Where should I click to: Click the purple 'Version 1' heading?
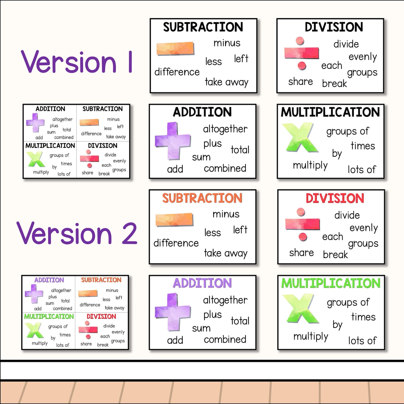click(x=76, y=62)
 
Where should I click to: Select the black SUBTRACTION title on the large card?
click(x=203, y=27)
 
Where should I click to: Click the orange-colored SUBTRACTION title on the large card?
click(x=202, y=198)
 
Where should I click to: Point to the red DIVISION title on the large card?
click(x=335, y=198)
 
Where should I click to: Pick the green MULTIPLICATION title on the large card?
click(x=331, y=283)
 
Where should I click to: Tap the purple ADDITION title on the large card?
click(x=202, y=283)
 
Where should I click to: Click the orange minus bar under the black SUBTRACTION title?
click(x=175, y=49)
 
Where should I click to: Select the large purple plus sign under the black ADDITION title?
click(x=173, y=141)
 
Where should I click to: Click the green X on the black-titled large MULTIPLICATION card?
click(x=300, y=138)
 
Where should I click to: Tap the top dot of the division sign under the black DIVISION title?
click(x=300, y=40)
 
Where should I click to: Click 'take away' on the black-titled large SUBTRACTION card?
click(x=226, y=82)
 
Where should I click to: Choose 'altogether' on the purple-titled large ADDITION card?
click(x=225, y=300)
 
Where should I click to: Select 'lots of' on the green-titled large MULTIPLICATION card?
click(x=362, y=341)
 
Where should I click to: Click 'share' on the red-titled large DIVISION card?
click(x=301, y=253)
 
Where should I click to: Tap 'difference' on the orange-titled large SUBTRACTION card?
click(x=176, y=243)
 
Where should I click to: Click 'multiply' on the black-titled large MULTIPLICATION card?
click(x=310, y=166)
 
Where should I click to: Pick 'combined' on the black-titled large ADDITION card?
click(x=225, y=168)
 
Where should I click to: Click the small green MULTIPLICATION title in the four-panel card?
click(x=49, y=316)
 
